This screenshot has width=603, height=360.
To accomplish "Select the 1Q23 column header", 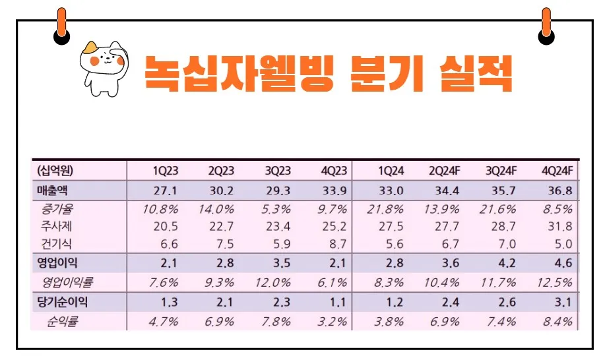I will click(x=166, y=171).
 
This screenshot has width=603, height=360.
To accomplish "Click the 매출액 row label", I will click(x=54, y=191).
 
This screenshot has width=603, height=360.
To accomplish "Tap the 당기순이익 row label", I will click(x=62, y=303).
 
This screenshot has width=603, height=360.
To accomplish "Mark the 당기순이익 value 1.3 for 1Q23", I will click(x=168, y=303).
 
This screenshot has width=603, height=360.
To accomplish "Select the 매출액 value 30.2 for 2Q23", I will click(x=221, y=192).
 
